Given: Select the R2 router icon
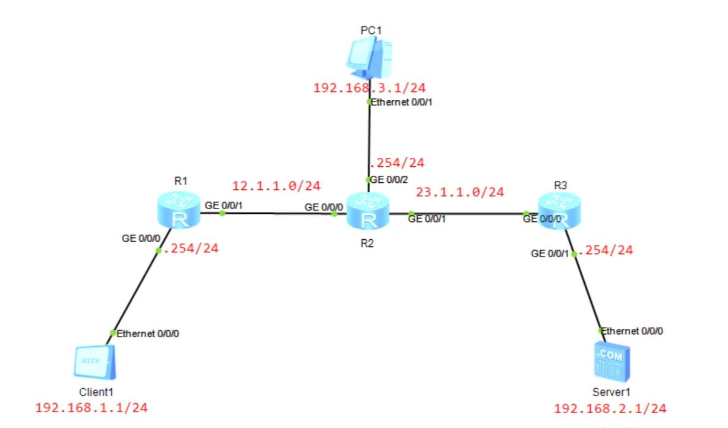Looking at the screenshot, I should coord(369,212).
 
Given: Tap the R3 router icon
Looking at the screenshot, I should coord(560,211).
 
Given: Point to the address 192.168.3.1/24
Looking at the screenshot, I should coord(370,88).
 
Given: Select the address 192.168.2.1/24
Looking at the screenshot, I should coord(610,408).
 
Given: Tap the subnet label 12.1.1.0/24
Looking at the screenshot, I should coord(276,186).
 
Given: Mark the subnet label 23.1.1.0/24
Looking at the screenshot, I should coord(460,192).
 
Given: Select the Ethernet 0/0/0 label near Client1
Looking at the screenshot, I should coord(147,333).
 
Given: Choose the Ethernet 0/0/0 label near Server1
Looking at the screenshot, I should coord(632,331).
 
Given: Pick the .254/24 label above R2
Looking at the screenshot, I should coord(397,163).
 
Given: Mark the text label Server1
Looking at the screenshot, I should coord(611,392).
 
